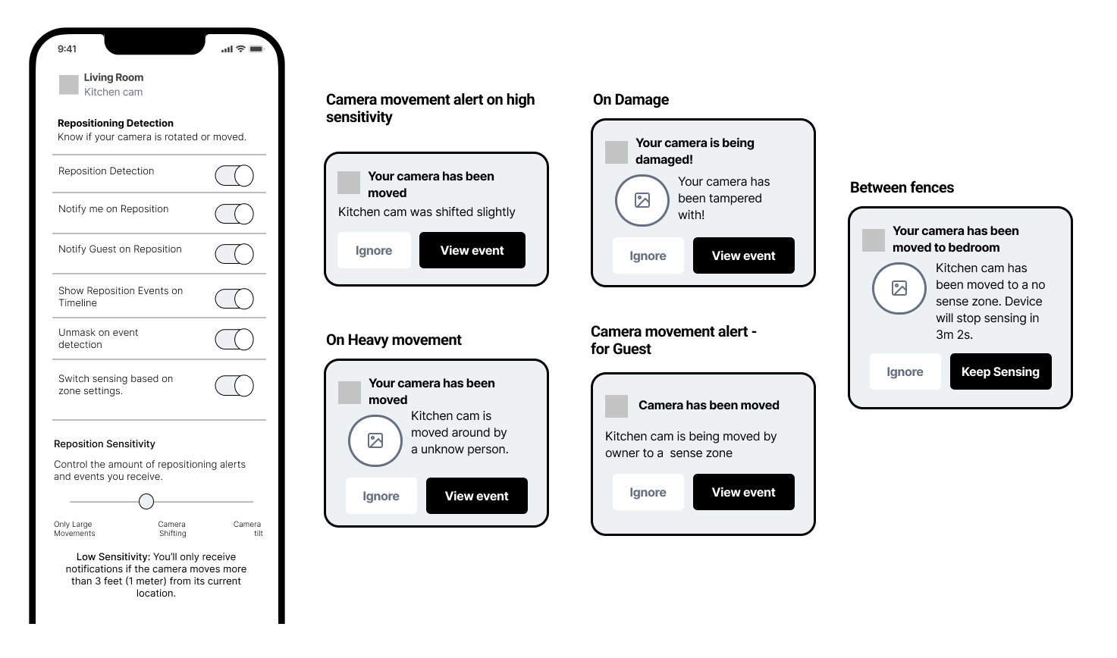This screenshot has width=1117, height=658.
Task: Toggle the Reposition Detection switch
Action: [x=234, y=175]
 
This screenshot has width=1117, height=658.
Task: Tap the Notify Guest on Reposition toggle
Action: [x=234, y=254]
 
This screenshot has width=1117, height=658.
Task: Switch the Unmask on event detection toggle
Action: [x=234, y=340]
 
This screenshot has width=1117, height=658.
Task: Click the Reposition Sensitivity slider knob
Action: [x=146, y=502]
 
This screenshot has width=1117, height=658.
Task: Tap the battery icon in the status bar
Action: [x=256, y=49]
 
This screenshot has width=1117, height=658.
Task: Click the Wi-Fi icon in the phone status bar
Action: [x=240, y=49]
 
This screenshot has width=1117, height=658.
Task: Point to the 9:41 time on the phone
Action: [x=67, y=49]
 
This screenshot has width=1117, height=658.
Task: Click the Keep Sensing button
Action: [x=1000, y=371]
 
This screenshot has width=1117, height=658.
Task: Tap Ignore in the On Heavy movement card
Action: [x=381, y=496]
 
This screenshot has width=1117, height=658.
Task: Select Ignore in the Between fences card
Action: [x=905, y=371]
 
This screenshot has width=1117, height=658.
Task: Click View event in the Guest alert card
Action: [x=743, y=492]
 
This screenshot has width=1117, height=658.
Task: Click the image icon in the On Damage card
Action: [x=642, y=200]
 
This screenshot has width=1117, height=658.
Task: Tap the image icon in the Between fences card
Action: [x=899, y=288]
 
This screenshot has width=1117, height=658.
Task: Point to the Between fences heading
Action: [x=902, y=187]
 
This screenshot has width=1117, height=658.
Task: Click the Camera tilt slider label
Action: [x=248, y=528]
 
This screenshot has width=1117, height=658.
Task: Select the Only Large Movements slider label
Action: [x=74, y=528]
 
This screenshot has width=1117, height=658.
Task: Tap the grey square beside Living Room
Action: [x=69, y=84]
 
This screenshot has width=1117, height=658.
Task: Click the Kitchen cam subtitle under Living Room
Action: [x=113, y=92]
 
